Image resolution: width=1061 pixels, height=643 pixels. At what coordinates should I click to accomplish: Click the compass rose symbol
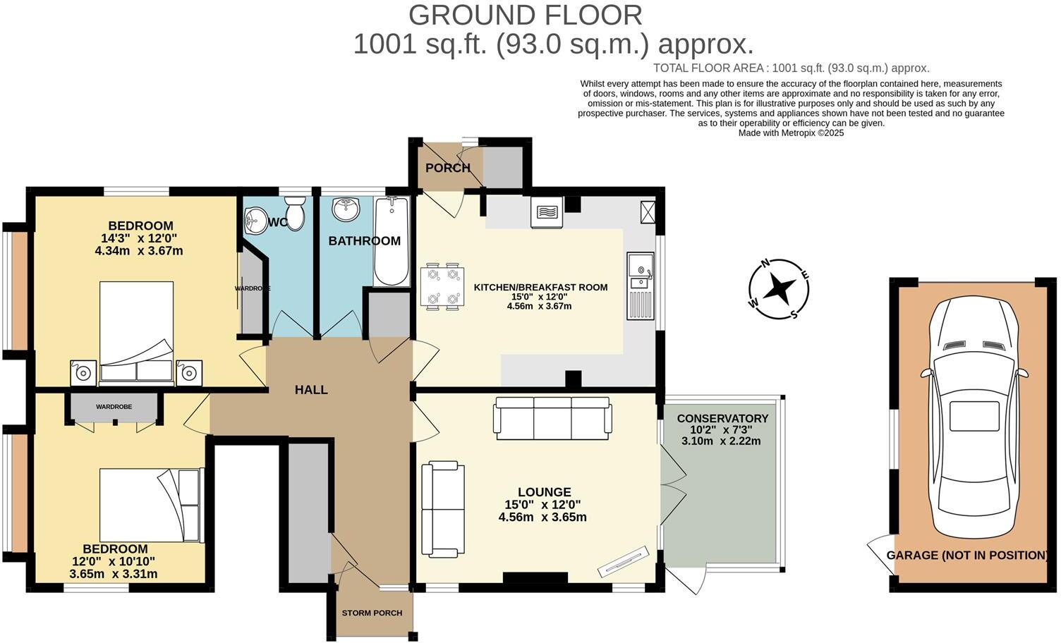pos(778,289)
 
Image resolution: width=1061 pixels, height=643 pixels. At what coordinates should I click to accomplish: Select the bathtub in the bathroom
pos(392,241)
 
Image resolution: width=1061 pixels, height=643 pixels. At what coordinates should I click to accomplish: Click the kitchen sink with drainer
pos(641,286)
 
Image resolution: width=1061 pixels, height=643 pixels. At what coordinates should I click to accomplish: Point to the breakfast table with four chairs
pos(442,286)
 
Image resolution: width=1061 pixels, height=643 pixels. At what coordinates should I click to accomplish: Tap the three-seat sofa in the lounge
pos(552,418)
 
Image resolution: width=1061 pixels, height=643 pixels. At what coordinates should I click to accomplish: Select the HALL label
pos(311,390)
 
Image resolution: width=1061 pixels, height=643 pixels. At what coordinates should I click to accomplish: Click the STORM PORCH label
pos(372,613)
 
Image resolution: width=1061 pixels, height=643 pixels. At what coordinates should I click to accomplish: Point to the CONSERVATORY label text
pos(722,419)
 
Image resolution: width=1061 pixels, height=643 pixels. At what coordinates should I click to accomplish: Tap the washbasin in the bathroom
pos(346,209)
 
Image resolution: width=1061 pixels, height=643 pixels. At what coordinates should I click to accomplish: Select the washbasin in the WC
pos(256,220)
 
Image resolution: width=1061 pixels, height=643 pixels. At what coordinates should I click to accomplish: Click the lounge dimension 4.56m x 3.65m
pos(542,517)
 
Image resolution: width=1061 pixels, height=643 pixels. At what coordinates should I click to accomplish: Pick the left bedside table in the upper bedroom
pos(84,373)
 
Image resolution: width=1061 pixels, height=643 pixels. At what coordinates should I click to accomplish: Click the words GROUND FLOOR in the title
pos(526,15)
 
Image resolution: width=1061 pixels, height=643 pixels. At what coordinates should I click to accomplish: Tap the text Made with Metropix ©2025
pos(791,133)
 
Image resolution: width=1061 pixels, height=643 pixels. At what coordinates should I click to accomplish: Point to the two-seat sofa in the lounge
pos(443,509)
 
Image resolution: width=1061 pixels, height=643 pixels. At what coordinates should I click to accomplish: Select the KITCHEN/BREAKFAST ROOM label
pos(540,287)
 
